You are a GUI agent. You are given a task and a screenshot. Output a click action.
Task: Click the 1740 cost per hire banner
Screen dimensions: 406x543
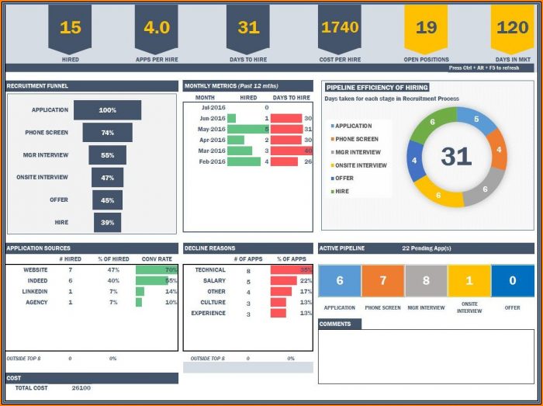click(x=340, y=28)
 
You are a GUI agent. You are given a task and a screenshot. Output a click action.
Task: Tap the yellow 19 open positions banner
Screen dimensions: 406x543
click(x=426, y=28)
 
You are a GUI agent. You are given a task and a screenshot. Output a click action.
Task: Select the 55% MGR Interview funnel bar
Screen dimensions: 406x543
click(x=107, y=155)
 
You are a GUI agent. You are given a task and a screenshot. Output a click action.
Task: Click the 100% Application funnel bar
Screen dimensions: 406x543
click(x=107, y=110)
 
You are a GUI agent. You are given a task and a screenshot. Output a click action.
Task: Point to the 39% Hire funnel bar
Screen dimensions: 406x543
click(x=107, y=223)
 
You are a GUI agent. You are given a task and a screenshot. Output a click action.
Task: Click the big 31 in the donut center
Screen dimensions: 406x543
click(x=456, y=156)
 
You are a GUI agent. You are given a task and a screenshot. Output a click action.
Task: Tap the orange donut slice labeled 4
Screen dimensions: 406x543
click(x=498, y=149)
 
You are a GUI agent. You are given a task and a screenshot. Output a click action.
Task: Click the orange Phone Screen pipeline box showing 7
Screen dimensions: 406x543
click(x=382, y=281)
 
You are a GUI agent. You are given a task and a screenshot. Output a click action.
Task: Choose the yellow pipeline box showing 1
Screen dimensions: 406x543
click(x=469, y=281)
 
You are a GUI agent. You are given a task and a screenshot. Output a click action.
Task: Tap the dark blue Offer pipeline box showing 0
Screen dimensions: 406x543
click(x=513, y=281)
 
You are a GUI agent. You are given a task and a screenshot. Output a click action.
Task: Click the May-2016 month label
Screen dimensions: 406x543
click(x=212, y=129)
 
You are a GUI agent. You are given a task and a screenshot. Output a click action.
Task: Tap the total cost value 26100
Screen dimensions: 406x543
click(x=81, y=387)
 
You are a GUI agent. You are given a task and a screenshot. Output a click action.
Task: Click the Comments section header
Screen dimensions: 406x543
click(x=339, y=324)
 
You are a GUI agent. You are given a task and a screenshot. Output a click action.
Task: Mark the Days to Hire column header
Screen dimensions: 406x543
click(x=292, y=98)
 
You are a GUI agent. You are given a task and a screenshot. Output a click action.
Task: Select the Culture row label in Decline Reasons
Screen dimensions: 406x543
click(x=213, y=303)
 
